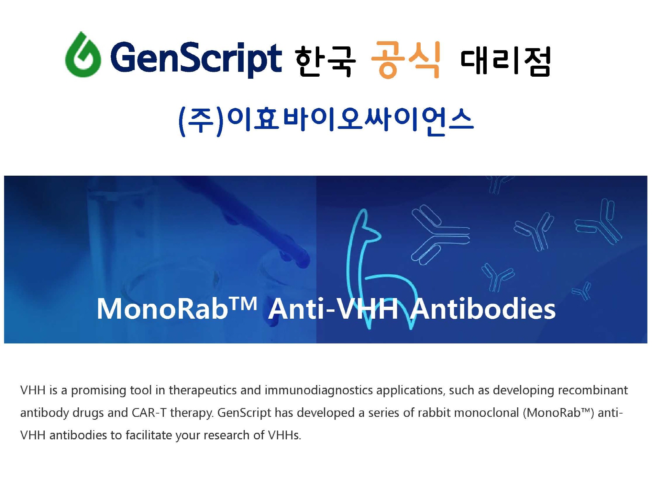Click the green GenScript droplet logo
[83, 55]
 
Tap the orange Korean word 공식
[406, 59]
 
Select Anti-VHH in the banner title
[333, 308]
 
